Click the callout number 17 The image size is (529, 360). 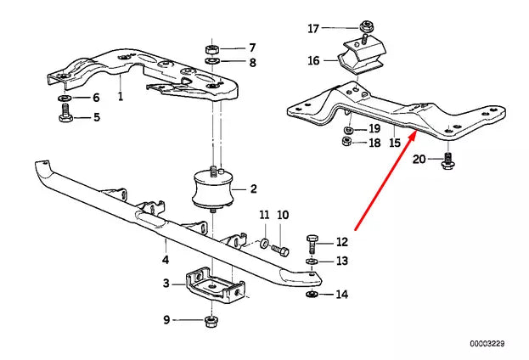pyautogui.click(x=314, y=29)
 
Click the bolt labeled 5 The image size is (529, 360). pyautogui.click(x=65, y=117)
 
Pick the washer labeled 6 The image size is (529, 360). pyautogui.click(x=65, y=98)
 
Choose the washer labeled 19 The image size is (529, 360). pyautogui.click(x=348, y=128)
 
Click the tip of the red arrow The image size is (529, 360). pyautogui.click(x=414, y=132)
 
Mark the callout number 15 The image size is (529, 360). pyautogui.click(x=394, y=143)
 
